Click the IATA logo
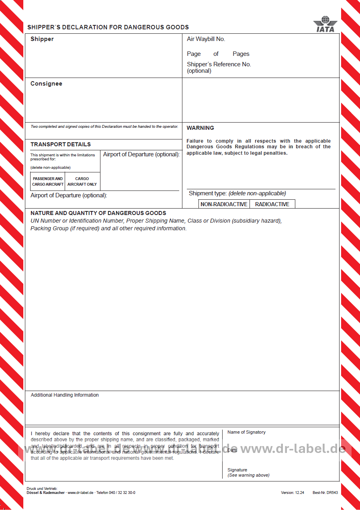pos(325,24)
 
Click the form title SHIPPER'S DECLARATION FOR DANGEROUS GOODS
pos(108,27)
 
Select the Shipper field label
pos(42,39)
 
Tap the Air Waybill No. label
pos(206,39)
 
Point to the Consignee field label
pos(46,84)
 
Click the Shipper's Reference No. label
pos(219,64)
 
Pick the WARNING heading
pos(200,128)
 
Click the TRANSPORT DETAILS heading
pos(60,144)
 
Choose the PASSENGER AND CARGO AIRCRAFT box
pos(48,181)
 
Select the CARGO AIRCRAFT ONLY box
pos(82,181)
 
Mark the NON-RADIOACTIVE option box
pos(224,204)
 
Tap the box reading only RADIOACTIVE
pos(272,204)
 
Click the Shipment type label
pos(208,193)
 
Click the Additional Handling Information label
pos(65,395)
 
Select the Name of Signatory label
pos(246,432)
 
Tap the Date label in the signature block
pos(232,450)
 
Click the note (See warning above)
pos(248,475)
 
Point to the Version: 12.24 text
pos(292,492)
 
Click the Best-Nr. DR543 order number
pos(325,492)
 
